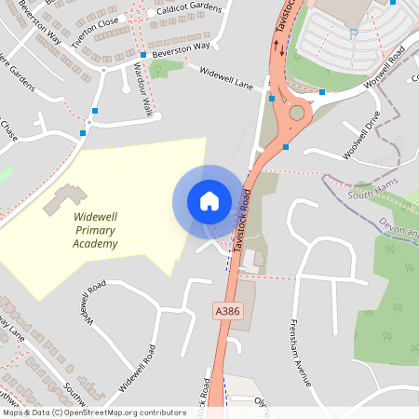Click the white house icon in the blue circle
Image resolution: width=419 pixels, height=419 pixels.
209,200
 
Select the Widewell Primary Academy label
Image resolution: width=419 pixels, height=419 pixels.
96,230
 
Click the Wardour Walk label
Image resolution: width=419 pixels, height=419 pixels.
141,92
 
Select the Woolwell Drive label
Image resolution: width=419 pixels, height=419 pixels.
361,135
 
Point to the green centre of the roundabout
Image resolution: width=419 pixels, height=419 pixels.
297,113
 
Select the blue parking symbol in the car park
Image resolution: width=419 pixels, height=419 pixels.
353,34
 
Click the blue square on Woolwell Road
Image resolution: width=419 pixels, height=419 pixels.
322,91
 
